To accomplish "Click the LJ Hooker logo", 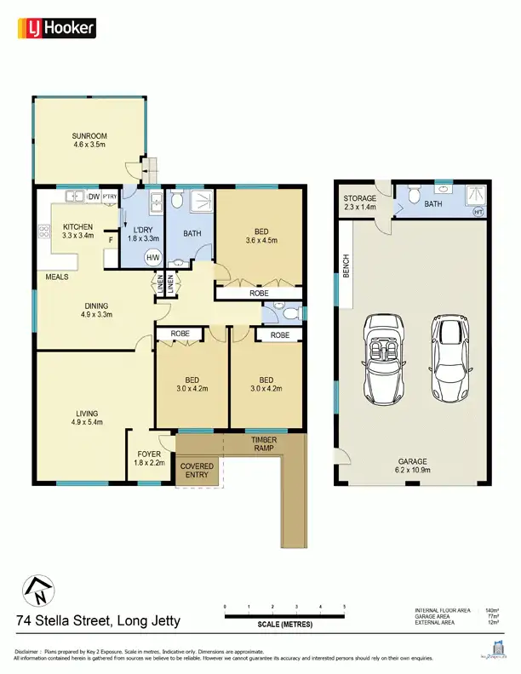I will click(56, 28).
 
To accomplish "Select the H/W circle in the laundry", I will click(153, 258).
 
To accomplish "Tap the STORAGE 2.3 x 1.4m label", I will click(359, 203).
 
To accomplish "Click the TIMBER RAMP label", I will click(264, 444).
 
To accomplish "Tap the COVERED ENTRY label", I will click(197, 471).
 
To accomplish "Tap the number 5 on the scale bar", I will click(345, 605).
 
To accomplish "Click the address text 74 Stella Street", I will click(98, 621).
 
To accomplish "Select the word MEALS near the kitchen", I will click(57, 277).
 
